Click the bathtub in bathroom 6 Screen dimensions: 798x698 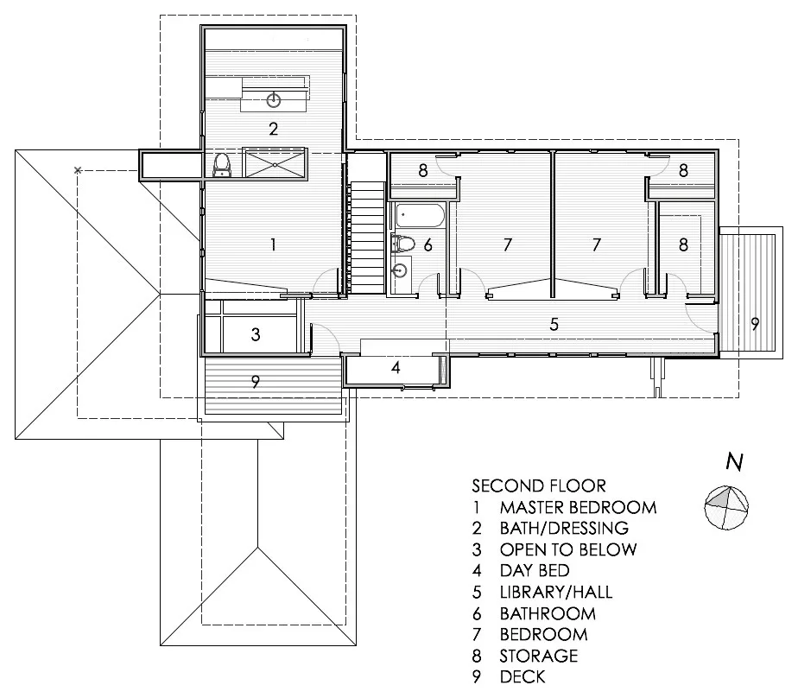[x=421, y=215]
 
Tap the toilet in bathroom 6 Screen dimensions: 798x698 [x=403, y=244]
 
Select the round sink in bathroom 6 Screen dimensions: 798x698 [x=401, y=271]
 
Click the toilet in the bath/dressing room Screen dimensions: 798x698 [x=221, y=166]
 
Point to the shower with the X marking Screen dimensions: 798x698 [x=275, y=164]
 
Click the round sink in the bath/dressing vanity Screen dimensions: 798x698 [x=274, y=100]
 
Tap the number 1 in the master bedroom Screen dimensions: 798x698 [x=273, y=244]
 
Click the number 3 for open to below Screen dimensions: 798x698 [x=256, y=334]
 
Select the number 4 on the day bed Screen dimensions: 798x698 [x=396, y=368]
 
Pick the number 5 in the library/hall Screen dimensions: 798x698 [x=554, y=324]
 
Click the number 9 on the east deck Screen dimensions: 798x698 [x=755, y=323]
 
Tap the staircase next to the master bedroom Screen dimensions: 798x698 [x=367, y=238]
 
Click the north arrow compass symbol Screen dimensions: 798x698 [x=726, y=508]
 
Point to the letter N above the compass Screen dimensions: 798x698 [x=734, y=461]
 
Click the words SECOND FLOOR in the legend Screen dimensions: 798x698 [x=539, y=486]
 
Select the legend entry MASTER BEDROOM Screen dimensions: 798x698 [x=578, y=508]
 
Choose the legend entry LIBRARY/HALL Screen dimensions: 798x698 [x=556, y=592]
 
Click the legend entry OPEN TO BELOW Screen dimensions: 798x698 [x=568, y=549]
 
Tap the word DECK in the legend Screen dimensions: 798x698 [x=522, y=676]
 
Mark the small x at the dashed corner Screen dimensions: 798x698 [x=78, y=170]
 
